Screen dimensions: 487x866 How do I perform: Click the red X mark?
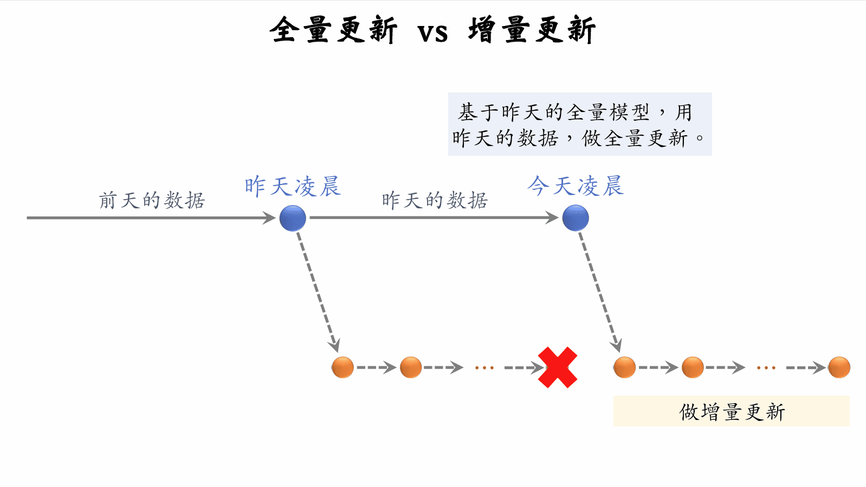click(558, 367)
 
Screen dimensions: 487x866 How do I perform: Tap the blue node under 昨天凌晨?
click(293, 219)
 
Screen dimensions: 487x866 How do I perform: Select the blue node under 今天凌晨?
click(576, 219)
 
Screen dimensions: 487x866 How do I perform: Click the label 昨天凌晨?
click(293, 187)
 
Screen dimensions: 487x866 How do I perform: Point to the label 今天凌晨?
click(576, 186)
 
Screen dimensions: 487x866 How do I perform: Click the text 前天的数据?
click(152, 200)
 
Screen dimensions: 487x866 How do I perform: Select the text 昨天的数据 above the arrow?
click(435, 200)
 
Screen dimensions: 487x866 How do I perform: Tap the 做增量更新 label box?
click(731, 411)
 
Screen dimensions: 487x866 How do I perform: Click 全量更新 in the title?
click(333, 30)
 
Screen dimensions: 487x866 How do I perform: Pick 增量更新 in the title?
click(532, 30)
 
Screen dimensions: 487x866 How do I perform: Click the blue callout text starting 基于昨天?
click(579, 124)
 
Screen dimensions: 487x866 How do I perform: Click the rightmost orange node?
click(839, 367)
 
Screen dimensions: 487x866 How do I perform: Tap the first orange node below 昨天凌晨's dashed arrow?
click(342, 367)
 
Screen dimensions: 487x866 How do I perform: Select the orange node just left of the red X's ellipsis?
click(411, 367)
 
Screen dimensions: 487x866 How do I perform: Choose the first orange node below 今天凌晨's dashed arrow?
click(624, 367)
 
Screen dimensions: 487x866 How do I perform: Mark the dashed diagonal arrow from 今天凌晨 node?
click(599, 292)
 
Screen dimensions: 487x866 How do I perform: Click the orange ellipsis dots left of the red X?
click(484, 368)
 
